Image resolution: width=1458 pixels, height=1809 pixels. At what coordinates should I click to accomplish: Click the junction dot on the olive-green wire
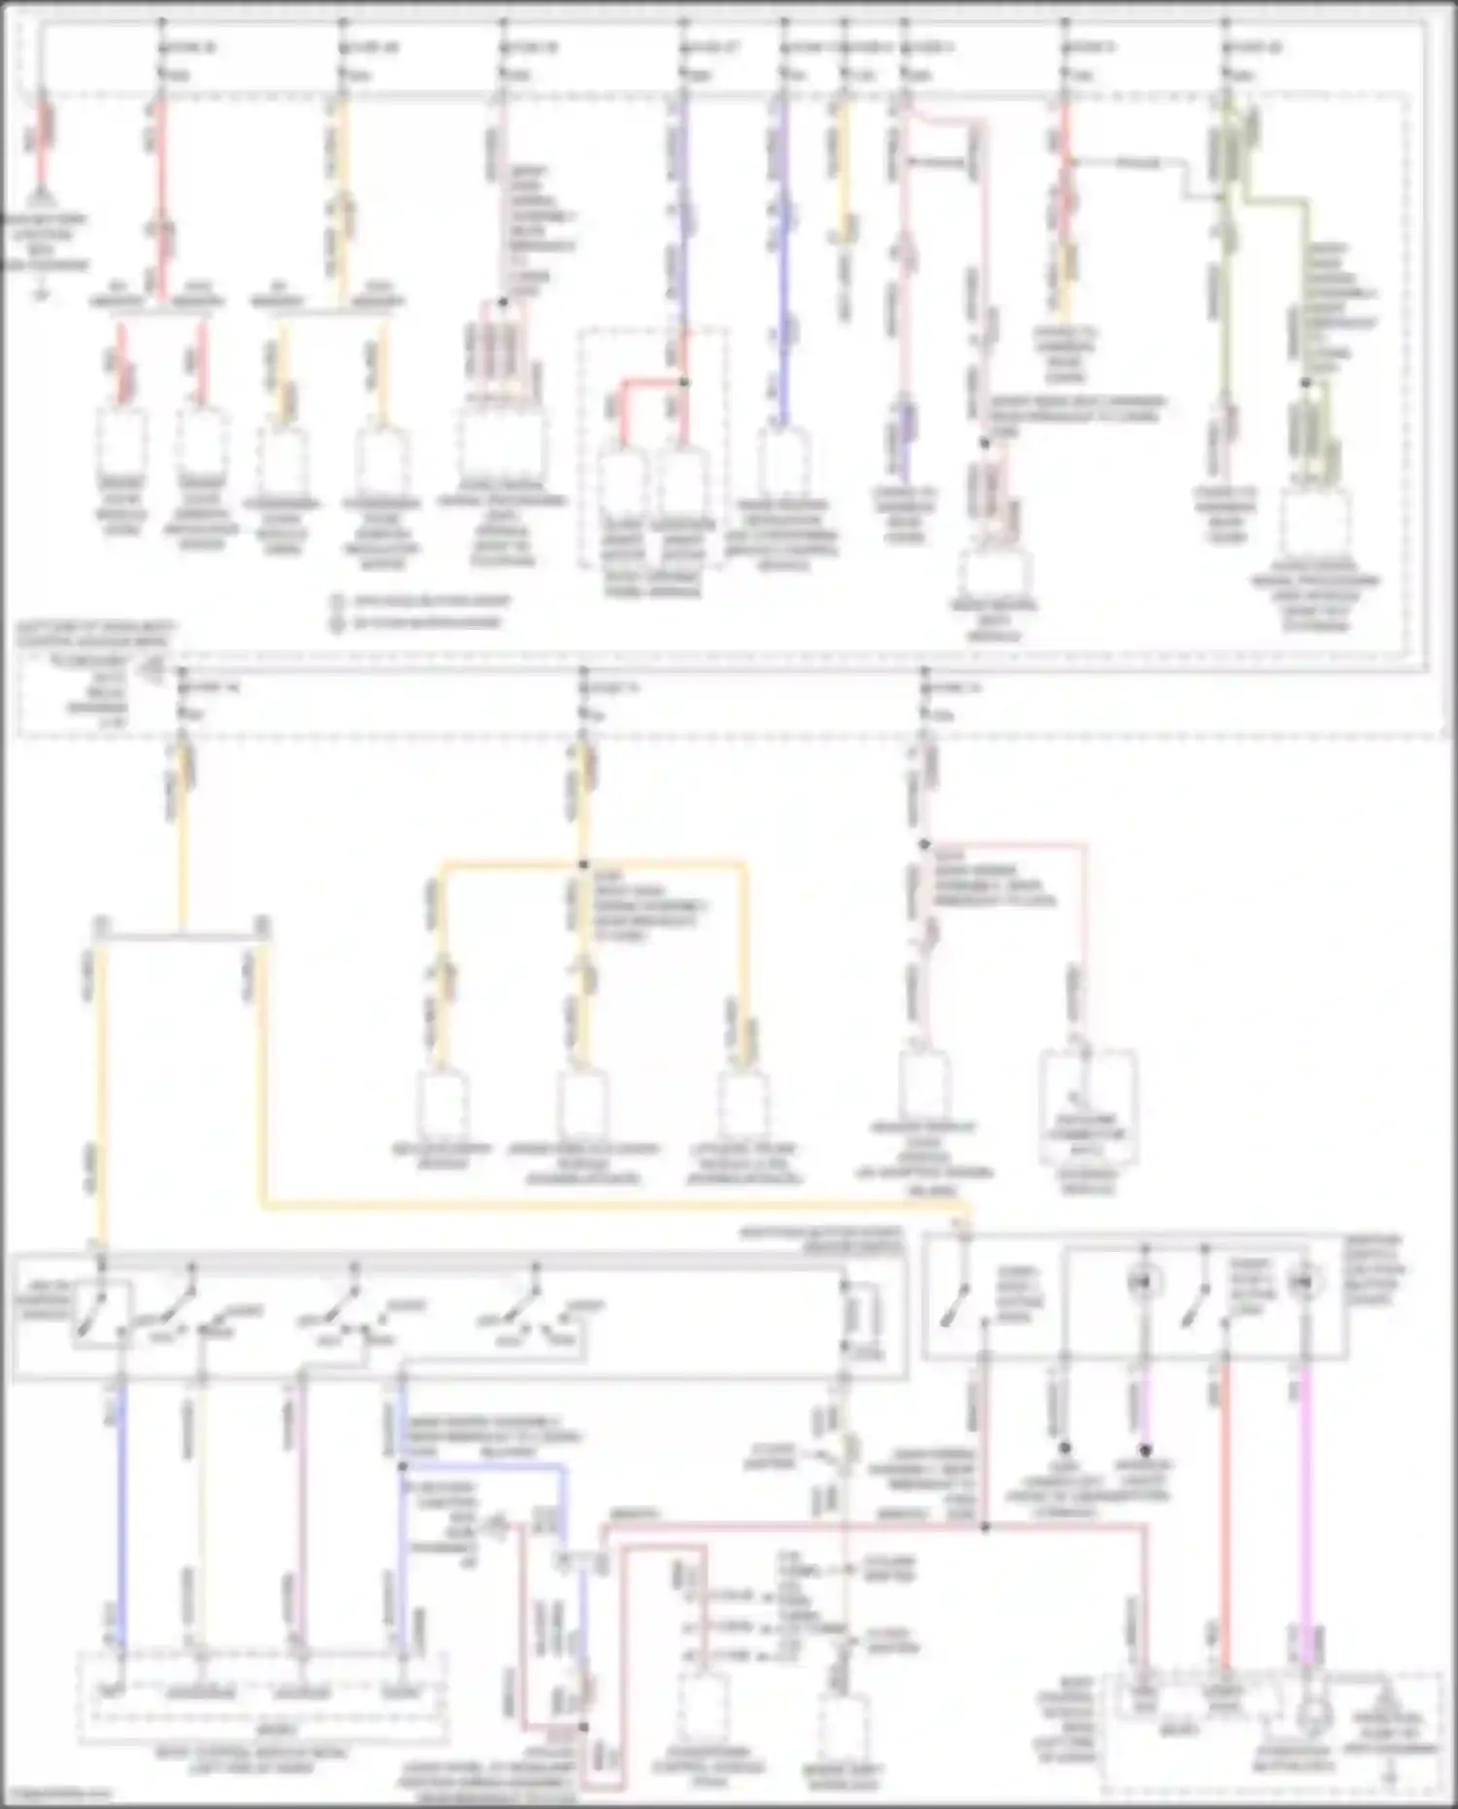[x=1306, y=382]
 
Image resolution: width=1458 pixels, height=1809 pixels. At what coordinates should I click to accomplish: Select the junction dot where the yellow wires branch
[x=583, y=864]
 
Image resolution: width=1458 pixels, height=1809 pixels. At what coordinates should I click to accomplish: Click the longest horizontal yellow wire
[x=612, y=1206]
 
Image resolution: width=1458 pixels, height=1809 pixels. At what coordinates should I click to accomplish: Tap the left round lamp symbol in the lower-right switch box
[x=1144, y=1282]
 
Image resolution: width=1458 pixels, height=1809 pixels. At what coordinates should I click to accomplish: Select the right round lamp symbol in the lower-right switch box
[x=1303, y=1282]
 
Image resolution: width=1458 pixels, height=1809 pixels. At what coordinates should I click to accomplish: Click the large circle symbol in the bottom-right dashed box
[x=1311, y=1720]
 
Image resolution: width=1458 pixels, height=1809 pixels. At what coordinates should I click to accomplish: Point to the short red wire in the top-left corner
[x=43, y=146]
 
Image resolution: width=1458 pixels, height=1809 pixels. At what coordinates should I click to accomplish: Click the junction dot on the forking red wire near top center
[x=683, y=382]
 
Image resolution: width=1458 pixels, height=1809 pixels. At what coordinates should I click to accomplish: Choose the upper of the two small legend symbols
[x=337, y=601]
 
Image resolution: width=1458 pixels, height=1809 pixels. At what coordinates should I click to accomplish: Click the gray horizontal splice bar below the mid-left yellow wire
[x=181, y=936]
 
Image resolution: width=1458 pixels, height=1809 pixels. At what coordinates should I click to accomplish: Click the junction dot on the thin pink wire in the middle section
[x=924, y=845]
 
